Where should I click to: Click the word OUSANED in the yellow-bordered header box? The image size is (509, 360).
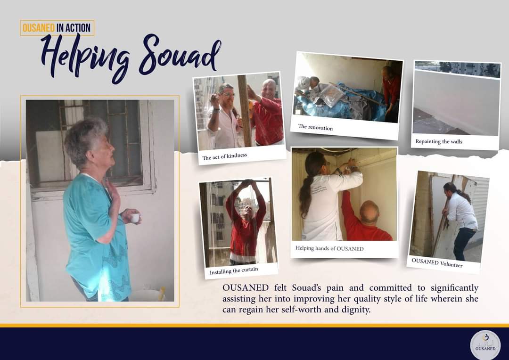(x=38, y=28)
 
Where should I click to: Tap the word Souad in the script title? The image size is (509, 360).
(x=180, y=55)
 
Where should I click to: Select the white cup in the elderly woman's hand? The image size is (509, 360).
(x=135, y=218)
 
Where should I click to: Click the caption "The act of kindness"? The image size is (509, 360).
(x=225, y=156)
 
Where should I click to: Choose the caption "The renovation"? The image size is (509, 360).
(x=315, y=127)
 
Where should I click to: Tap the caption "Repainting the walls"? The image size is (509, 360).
(x=439, y=141)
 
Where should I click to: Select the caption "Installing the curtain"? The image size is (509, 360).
(x=234, y=270)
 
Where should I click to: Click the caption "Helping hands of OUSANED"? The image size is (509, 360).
(x=329, y=249)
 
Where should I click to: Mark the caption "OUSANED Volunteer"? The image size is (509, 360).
(x=437, y=262)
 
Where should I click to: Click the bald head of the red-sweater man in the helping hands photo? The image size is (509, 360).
(x=369, y=211)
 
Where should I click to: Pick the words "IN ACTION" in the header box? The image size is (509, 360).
(x=74, y=28)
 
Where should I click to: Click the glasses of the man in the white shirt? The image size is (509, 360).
(x=228, y=95)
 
